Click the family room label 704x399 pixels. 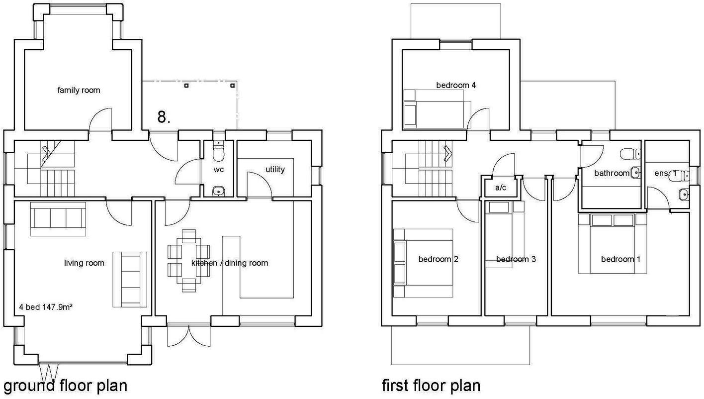point(79,90)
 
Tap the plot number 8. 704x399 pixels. point(164,117)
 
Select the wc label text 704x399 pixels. point(219,169)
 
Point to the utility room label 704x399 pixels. point(275,169)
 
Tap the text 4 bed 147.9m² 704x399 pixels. point(46,307)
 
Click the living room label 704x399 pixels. point(84,263)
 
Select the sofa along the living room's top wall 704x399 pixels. point(58,219)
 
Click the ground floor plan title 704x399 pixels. point(65,385)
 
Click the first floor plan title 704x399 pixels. point(431,385)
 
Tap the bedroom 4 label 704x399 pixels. point(456,85)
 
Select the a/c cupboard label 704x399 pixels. point(501,188)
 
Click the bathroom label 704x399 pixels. point(612,173)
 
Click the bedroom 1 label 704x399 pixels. point(620,259)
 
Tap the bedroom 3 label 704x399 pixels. point(516,259)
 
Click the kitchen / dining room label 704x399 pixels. point(230,263)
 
